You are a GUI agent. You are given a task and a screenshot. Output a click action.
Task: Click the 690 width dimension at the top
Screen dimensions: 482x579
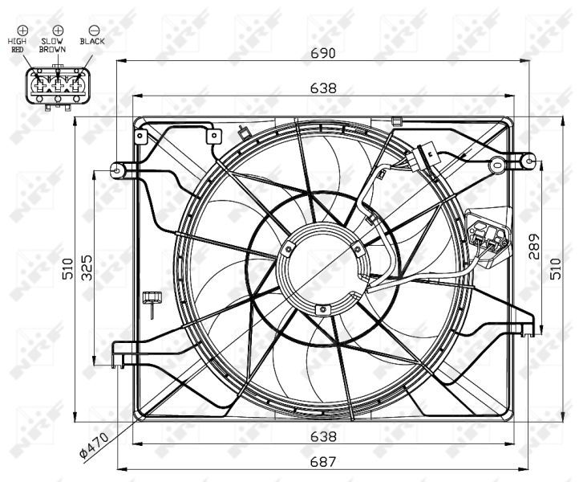tap(324, 54)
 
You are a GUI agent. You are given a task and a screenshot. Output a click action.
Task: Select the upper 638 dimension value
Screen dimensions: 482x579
tap(324, 88)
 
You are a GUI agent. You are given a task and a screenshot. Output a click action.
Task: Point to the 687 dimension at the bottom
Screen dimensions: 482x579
tap(324, 462)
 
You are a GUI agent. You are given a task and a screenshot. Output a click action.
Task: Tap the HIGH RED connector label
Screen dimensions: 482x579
tap(18, 44)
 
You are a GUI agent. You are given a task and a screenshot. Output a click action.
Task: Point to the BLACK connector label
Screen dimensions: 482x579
tap(93, 40)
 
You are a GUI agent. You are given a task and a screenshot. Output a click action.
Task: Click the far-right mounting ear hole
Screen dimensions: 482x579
tap(531, 161)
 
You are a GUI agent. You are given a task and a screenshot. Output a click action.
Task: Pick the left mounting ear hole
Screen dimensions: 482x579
tap(118, 170)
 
